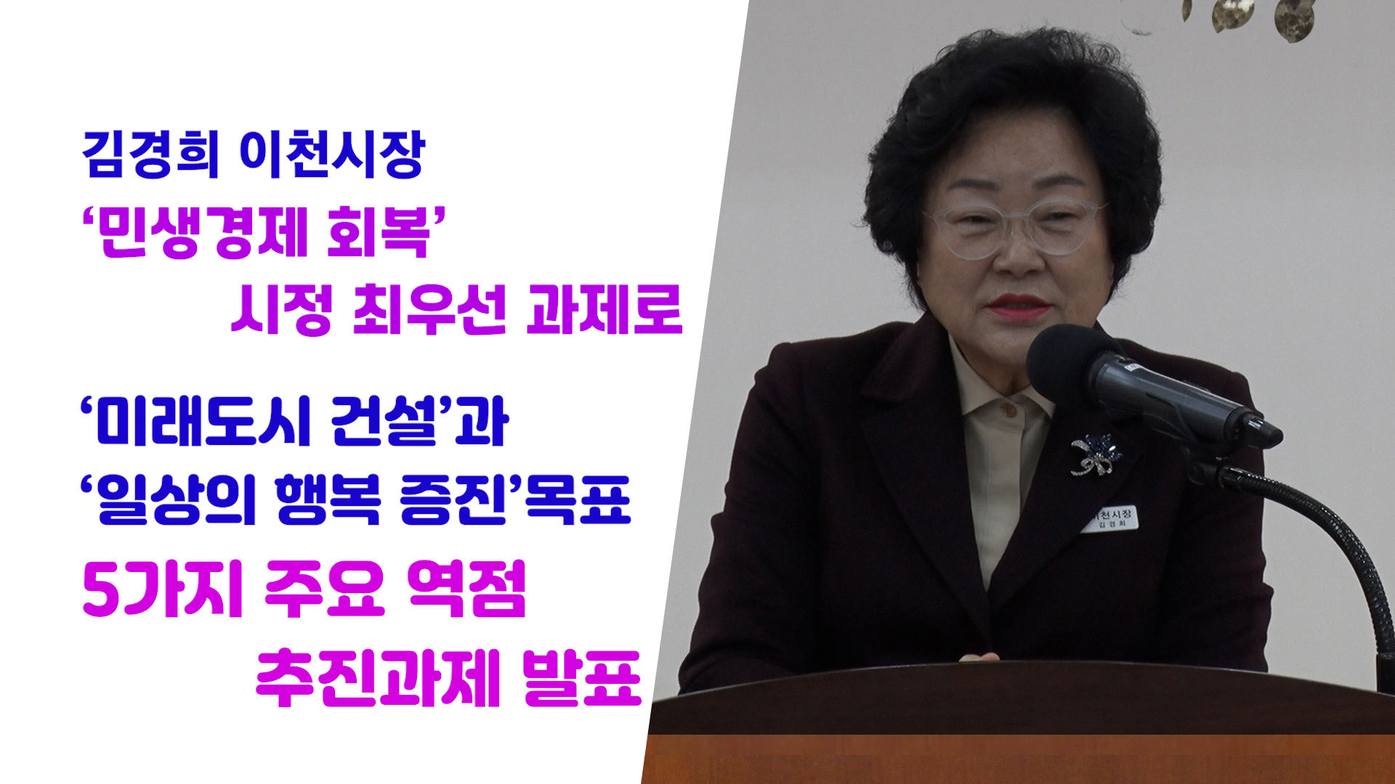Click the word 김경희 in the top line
[150, 155]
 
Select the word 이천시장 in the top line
[331, 155]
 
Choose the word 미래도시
[204, 421]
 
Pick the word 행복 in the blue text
[328, 499]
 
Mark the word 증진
[453, 499]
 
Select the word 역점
[466, 589]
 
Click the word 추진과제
[379, 679]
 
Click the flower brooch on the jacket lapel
[1095, 454]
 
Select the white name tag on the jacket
[1109, 518]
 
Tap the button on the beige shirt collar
[1008, 411]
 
